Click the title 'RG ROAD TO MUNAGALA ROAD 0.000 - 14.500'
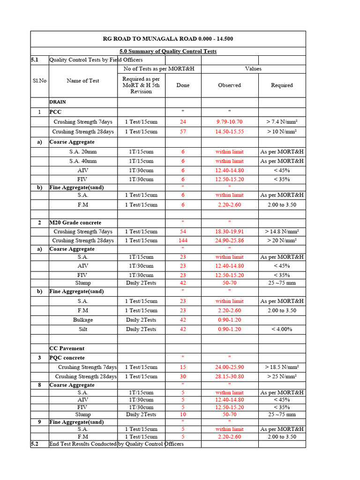[168, 39]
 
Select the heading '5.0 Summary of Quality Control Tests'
[168, 51]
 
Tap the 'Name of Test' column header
[83, 81]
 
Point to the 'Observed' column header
[229, 85]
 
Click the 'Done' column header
[183, 85]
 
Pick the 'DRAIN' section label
[58, 101]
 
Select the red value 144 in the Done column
[183, 240]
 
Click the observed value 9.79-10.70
[229, 122]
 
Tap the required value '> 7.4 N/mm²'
[282, 122]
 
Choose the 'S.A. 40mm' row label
[83, 161]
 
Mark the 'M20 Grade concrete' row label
[75, 223]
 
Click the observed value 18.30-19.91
[229, 232]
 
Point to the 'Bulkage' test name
[83, 320]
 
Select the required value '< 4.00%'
[282, 329]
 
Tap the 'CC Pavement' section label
[67, 348]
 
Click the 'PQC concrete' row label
[67, 358]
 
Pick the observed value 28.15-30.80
[229, 376]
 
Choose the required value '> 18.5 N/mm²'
[282, 367]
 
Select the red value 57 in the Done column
[183, 132]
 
